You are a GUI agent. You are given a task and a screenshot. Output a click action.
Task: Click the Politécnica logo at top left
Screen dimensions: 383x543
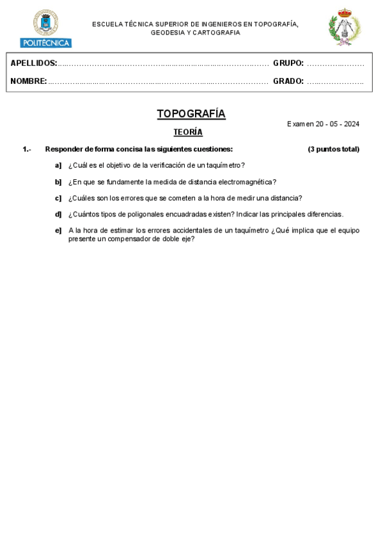45,29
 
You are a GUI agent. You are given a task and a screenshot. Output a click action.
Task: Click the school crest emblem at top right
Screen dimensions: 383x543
344,28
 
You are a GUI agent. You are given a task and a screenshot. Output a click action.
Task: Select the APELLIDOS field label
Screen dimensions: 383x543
33,63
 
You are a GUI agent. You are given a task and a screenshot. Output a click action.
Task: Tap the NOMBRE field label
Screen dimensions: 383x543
28,81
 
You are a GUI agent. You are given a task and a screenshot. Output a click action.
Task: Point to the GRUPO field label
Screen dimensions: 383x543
288,63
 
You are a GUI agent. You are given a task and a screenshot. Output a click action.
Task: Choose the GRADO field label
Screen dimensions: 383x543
288,81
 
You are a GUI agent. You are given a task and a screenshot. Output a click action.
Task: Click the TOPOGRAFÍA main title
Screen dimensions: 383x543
191,114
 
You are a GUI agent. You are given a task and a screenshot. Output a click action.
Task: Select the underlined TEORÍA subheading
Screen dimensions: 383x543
188,133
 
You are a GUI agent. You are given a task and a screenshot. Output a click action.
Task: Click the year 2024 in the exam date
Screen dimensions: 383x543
351,124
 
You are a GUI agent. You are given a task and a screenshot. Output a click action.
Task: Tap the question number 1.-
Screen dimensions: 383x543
27,149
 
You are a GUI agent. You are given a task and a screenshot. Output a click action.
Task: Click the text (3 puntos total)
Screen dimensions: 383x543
333,149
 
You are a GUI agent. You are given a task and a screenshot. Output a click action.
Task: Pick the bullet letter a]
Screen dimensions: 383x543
58,165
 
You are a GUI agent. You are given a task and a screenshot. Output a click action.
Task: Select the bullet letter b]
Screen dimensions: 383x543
58,182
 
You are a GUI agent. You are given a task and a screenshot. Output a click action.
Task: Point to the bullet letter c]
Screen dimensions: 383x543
58,198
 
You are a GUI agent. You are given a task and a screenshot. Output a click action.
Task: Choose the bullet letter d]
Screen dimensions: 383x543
58,215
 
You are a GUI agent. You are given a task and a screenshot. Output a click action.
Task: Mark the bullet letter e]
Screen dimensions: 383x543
58,231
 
